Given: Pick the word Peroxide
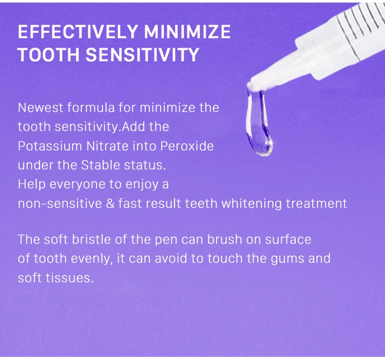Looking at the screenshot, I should [187, 146].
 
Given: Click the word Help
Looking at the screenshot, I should [30, 184].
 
